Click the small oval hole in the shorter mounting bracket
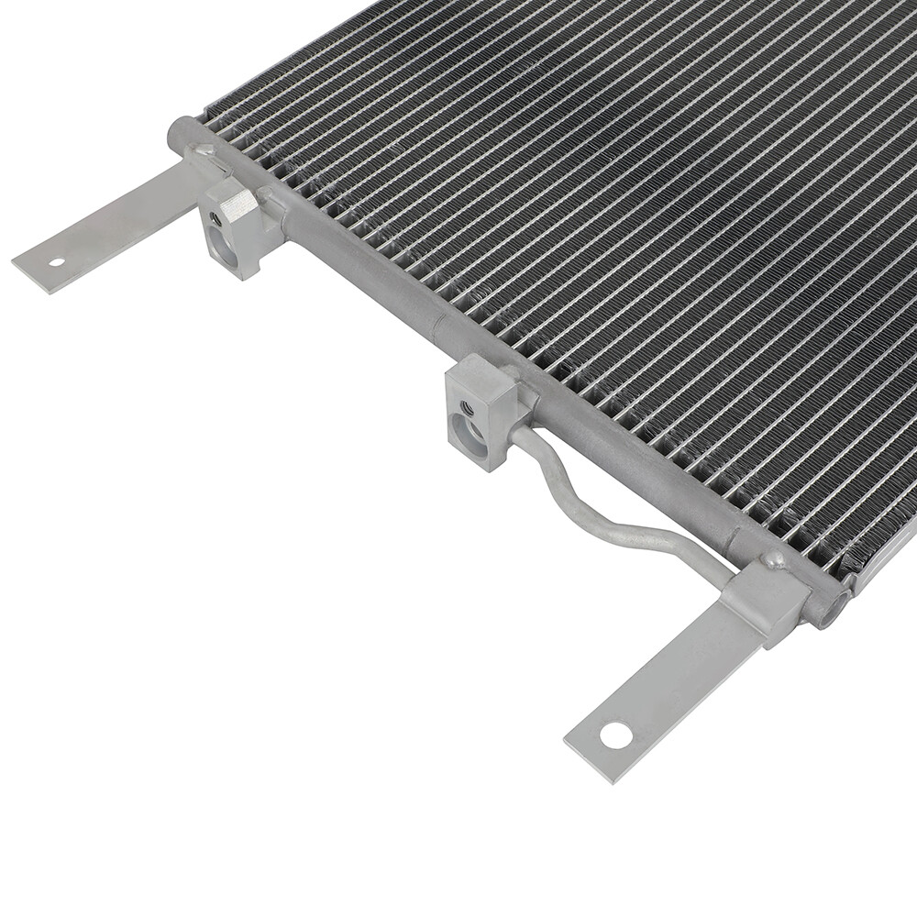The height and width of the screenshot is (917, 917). click(57, 262)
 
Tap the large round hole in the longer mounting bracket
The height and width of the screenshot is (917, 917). click(615, 734)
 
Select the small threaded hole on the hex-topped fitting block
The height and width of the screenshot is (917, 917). click(214, 219)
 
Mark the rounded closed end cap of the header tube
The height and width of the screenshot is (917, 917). click(176, 134)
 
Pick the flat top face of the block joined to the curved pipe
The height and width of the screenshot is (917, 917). click(482, 372)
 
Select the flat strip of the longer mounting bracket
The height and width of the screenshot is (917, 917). click(660, 688)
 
